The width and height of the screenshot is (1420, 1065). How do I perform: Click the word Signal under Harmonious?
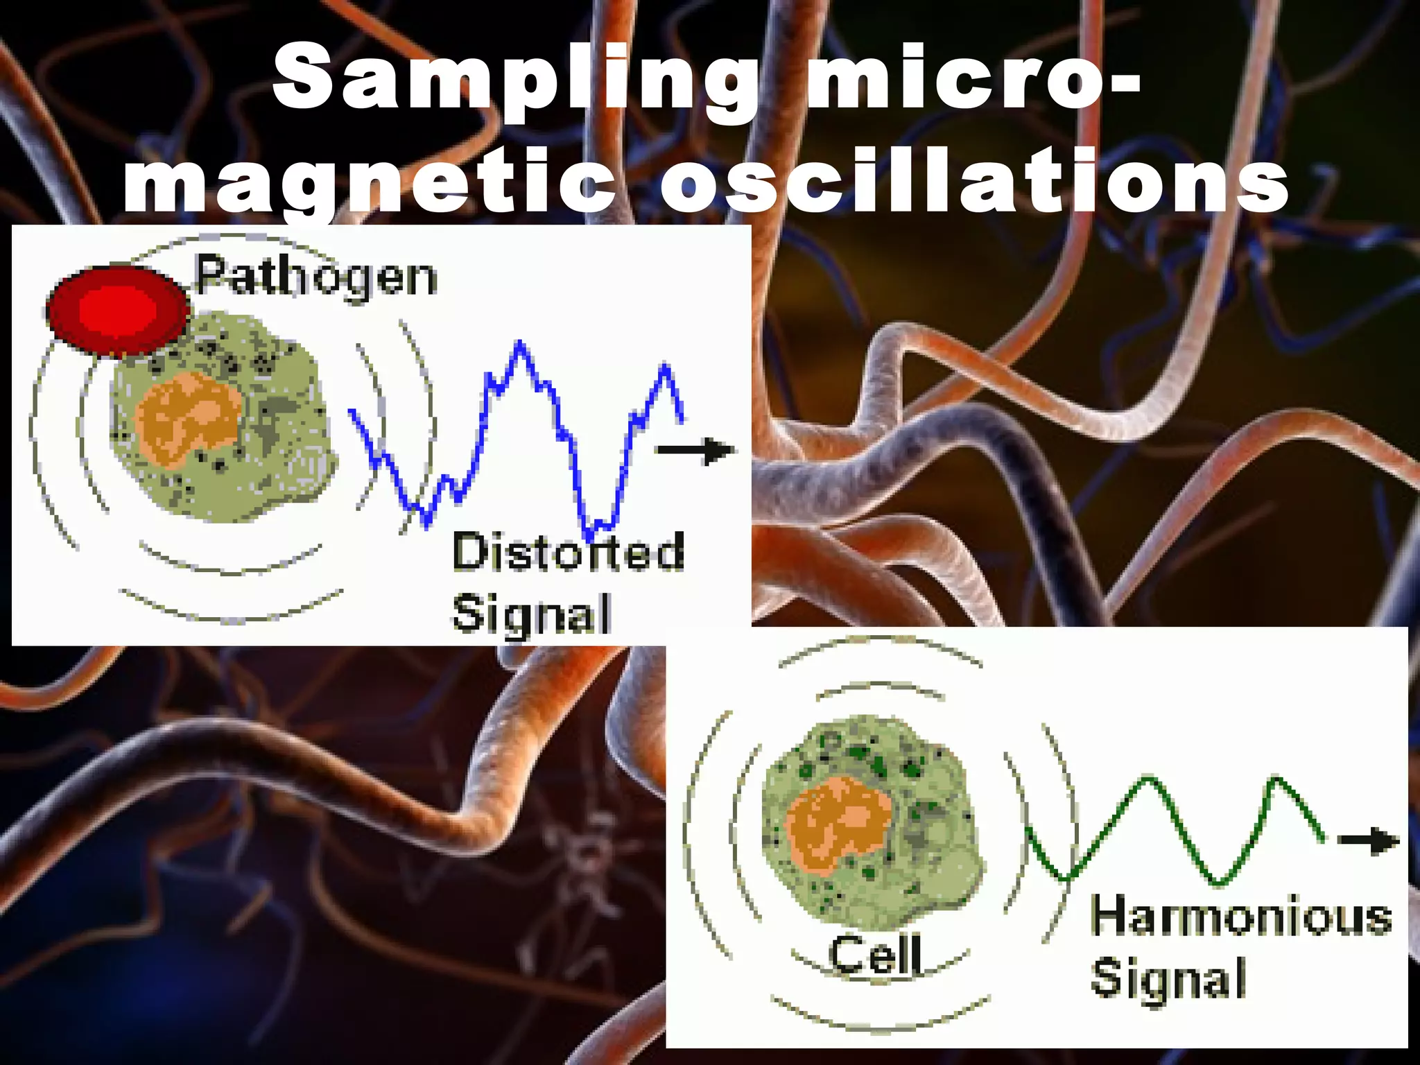point(1168,978)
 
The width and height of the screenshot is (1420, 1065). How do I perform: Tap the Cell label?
point(876,955)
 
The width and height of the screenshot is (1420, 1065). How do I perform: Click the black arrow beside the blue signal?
point(695,451)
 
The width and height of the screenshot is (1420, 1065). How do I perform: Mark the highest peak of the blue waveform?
point(520,344)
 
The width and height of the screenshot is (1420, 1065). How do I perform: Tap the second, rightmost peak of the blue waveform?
point(666,365)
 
